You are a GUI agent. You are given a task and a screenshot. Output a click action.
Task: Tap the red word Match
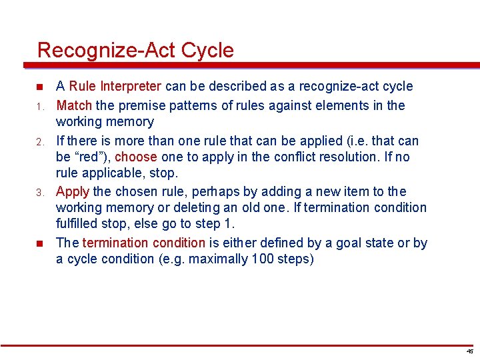(x=75, y=105)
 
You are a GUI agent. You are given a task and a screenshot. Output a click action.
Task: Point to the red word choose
(x=136, y=157)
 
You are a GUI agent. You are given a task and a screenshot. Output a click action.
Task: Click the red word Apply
(x=73, y=192)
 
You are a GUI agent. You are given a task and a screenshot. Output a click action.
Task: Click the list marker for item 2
(x=40, y=141)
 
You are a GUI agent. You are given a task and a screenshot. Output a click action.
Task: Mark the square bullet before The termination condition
(x=40, y=243)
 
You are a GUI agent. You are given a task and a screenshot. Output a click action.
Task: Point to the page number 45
(x=469, y=351)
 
